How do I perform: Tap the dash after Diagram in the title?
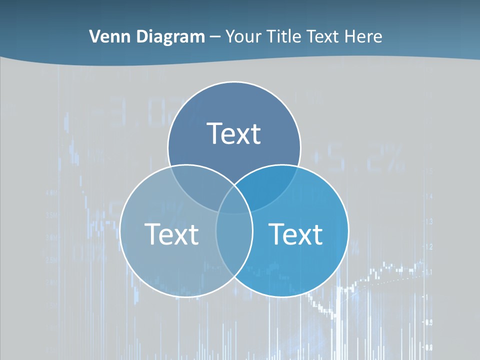[x=215, y=37]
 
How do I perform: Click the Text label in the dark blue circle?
[x=234, y=133]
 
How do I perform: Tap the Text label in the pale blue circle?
[x=171, y=233]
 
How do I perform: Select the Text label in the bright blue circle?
[x=296, y=233]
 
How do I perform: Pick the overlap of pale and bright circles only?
[x=234, y=245]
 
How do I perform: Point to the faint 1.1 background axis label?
[x=429, y=272]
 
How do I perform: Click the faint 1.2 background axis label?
[x=429, y=246]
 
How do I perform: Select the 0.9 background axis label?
[x=429, y=322]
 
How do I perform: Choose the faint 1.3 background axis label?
[x=429, y=221]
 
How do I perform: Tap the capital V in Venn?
[x=94, y=36]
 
